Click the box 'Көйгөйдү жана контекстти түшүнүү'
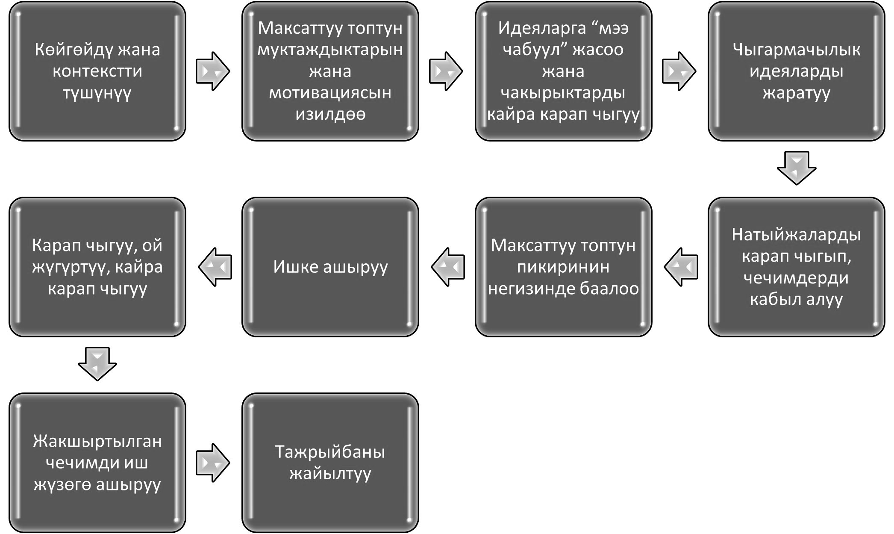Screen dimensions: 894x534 coord(97,71)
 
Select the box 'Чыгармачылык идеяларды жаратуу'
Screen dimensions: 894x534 coord(797,71)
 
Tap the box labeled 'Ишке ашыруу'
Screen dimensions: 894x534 coord(330,267)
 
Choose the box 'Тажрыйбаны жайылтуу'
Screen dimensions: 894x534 coord(330,463)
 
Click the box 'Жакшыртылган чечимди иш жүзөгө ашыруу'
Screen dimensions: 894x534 coord(97,463)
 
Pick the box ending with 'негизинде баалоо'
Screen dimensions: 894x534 coord(564,267)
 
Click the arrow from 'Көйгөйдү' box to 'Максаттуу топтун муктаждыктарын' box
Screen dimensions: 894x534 coord(213,71)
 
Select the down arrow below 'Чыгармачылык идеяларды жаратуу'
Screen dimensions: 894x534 coord(797,168)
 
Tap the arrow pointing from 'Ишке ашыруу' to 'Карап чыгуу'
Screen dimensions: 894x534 coord(215,267)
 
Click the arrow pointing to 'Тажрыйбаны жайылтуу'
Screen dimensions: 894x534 coord(213,463)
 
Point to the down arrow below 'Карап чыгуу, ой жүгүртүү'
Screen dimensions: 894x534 coord(97,364)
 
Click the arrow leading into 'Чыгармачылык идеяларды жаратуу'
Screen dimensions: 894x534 coord(679,71)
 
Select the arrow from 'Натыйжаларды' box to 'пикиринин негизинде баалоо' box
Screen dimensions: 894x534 coord(681,267)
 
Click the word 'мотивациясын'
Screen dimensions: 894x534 coord(330,93)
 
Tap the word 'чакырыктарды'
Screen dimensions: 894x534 coord(563,93)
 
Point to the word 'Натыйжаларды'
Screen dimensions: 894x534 coord(796,235)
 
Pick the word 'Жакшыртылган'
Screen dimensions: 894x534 coord(97,441)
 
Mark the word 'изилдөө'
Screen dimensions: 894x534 coord(330,114)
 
